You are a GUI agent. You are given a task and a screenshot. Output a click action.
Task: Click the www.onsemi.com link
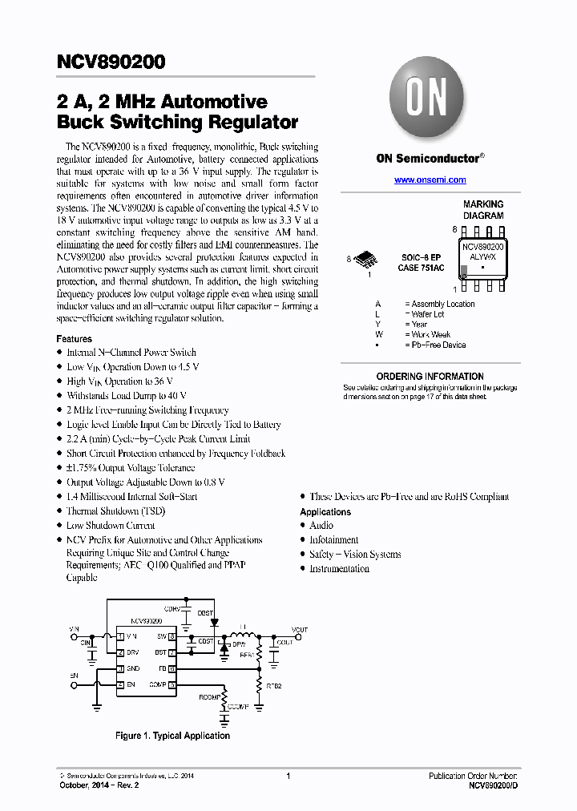pyautogui.click(x=430, y=180)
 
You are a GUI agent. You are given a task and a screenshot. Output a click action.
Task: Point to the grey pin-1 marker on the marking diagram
pyautogui.click(x=465, y=269)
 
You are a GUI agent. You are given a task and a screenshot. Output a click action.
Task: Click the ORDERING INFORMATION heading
pyautogui.click(x=430, y=377)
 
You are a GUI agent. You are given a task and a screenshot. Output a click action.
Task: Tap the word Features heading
pyautogui.click(x=74, y=339)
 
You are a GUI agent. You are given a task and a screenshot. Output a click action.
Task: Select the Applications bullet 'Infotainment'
pyautogui.click(x=333, y=540)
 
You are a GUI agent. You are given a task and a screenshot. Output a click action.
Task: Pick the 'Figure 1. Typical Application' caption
pyautogui.click(x=172, y=736)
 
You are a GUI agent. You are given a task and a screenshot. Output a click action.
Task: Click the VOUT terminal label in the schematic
pyautogui.click(x=299, y=630)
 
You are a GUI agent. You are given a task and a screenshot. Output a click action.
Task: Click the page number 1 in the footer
pyautogui.click(x=288, y=776)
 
